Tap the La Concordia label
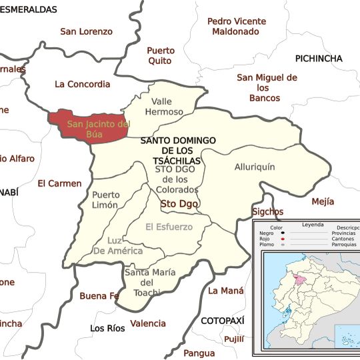click(x=83, y=84)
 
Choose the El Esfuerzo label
click(x=169, y=227)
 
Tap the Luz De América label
click(x=118, y=246)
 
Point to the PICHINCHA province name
click(x=319, y=59)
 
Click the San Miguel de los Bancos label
click(x=267, y=88)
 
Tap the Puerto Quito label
click(x=161, y=55)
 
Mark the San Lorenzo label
click(x=87, y=31)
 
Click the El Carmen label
click(x=59, y=183)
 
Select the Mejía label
click(x=323, y=201)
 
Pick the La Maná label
click(x=226, y=291)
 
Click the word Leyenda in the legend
click(x=311, y=225)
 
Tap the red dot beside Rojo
click(x=285, y=238)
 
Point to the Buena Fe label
click(x=99, y=296)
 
